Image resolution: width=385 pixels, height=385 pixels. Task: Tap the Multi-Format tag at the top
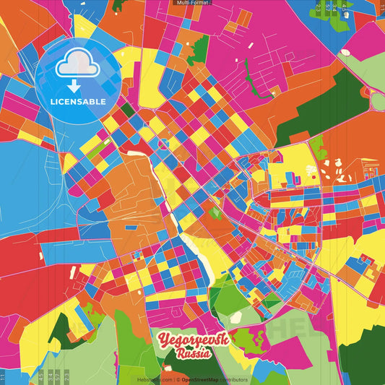click(192, 3)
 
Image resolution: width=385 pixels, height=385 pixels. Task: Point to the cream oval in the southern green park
click(235, 316)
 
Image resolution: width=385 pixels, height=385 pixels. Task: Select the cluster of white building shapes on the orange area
click(332, 170)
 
